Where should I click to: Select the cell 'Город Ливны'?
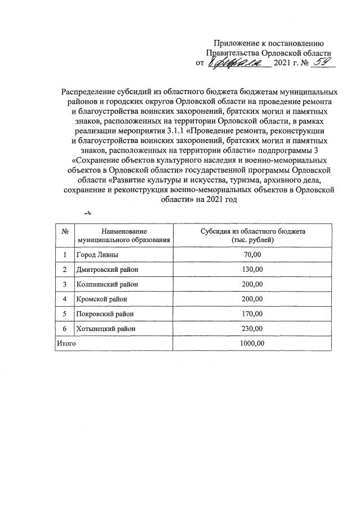click(94, 254)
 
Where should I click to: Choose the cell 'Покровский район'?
click(104, 313)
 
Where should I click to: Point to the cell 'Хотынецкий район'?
click(105, 328)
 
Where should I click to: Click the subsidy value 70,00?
click(253, 254)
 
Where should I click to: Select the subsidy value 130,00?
click(253, 269)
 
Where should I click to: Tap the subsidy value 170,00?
click(253, 313)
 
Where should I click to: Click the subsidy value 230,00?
click(253, 328)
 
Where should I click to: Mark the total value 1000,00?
click(253, 343)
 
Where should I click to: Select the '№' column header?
click(65, 231)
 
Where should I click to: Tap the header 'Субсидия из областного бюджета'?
click(253, 231)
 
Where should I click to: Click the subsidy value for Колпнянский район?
click(253, 284)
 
